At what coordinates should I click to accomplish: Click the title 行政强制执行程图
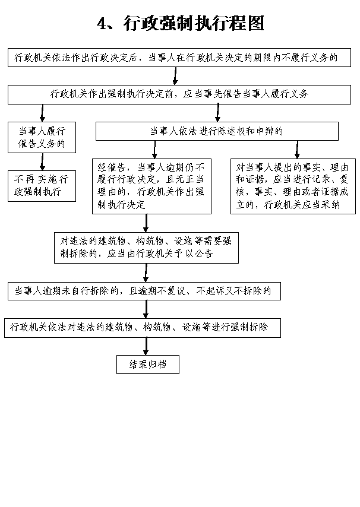pyautogui.click(x=194, y=23)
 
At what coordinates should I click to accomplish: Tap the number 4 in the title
pyautogui.click(x=102, y=24)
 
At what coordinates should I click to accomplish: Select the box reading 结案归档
pyautogui.click(x=148, y=365)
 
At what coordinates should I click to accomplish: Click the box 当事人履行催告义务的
pyautogui.click(x=42, y=137)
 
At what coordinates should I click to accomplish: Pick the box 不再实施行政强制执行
pyautogui.click(x=42, y=186)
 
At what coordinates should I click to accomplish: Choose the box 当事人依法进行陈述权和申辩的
pyautogui.click(x=217, y=131)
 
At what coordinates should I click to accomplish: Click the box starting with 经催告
pyautogui.click(x=151, y=186)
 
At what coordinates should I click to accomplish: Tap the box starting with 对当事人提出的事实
pyautogui.click(x=293, y=186)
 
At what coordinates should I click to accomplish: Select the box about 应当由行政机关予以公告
pyautogui.click(x=146, y=248)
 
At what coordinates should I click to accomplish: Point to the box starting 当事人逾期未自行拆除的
pyautogui.click(x=144, y=291)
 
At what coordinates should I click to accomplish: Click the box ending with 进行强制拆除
pyautogui.click(x=143, y=328)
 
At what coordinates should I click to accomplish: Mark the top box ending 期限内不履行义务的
pyautogui.click(x=179, y=58)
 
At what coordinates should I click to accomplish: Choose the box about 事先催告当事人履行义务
pyautogui.click(x=179, y=94)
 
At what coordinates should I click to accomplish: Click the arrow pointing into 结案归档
pyautogui.click(x=146, y=346)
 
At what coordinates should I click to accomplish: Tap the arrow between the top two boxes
pyautogui.click(x=175, y=76)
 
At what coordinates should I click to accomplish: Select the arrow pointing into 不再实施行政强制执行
pyautogui.click(x=42, y=161)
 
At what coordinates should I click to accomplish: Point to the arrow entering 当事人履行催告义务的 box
pyautogui.click(x=42, y=113)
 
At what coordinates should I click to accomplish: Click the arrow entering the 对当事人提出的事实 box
pyautogui.click(x=297, y=150)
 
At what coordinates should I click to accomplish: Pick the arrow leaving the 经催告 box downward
pyautogui.click(x=146, y=223)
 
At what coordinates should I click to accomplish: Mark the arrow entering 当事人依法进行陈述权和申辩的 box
pyautogui.click(x=217, y=113)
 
